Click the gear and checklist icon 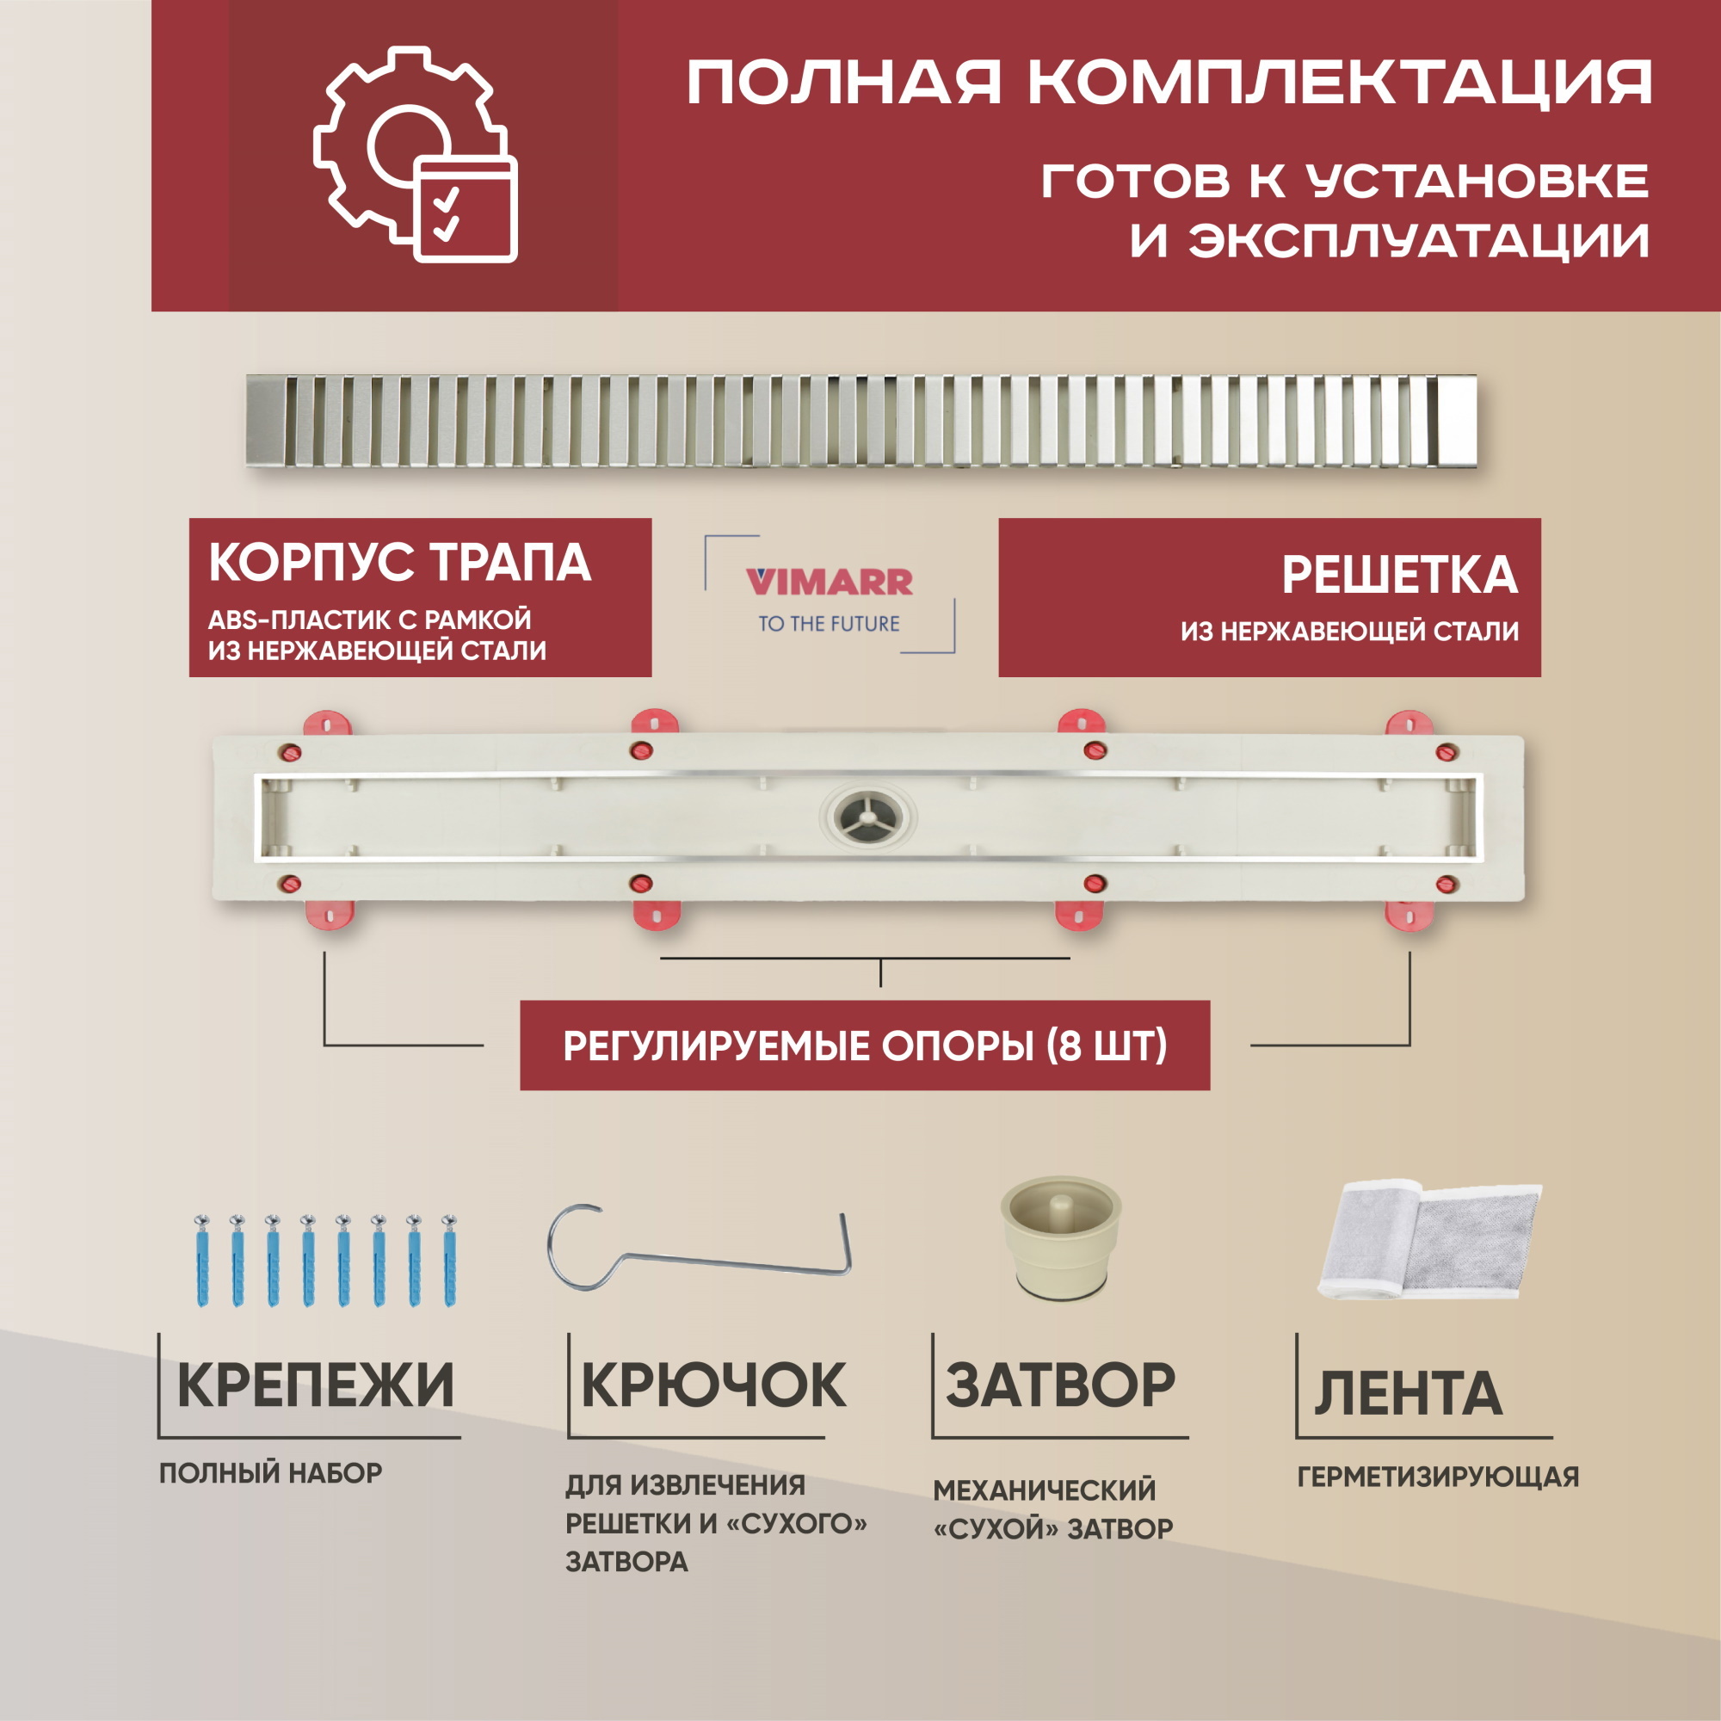(x=415, y=155)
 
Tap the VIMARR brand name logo (x=830, y=582)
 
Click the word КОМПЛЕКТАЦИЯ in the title (x=1340, y=83)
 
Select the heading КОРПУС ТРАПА (x=399, y=562)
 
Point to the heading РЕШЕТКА (x=1399, y=575)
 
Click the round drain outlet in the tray (x=867, y=815)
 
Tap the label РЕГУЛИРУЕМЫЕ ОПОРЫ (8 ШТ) (x=864, y=1046)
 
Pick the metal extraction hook (x=700, y=1247)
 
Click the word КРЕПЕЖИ (x=315, y=1385)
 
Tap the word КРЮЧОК (x=712, y=1385)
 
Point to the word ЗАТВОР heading (x=1060, y=1385)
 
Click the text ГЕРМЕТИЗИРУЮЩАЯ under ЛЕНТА (x=1438, y=1477)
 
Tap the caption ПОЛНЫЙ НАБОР (x=271, y=1473)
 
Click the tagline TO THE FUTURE (x=829, y=624)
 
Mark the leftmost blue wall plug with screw (x=202, y=1260)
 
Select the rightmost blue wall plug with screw (x=449, y=1260)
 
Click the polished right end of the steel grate (x=1457, y=419)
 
